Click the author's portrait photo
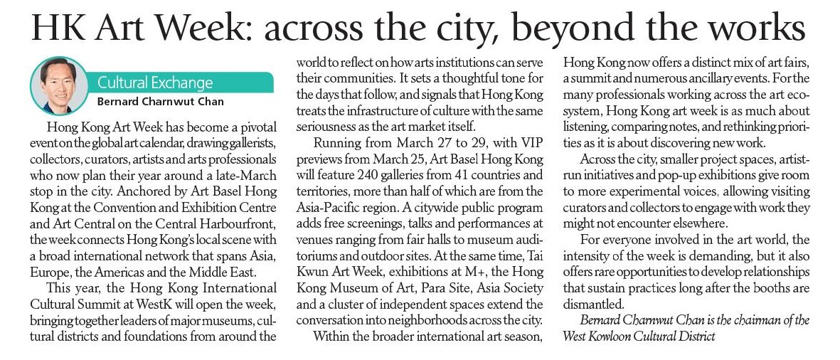(59, 84)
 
